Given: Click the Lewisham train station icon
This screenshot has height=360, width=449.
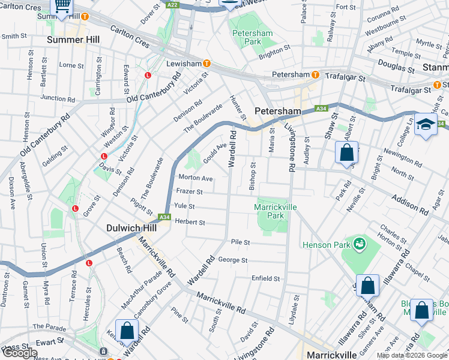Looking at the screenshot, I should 207,63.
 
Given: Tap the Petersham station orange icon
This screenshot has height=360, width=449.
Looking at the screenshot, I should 315,74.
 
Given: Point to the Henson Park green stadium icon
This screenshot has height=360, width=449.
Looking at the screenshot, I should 360,244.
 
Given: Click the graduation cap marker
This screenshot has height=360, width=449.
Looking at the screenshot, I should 426,124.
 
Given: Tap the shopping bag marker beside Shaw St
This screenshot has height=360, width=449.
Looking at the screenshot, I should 346,152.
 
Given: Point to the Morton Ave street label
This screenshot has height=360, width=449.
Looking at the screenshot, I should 195,178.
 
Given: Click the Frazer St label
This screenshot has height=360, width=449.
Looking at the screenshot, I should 189,192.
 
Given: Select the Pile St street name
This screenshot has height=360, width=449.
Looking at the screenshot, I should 240,242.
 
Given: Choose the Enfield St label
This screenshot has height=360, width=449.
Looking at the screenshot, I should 265,278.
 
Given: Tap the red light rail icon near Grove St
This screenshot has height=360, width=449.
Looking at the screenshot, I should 75,209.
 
